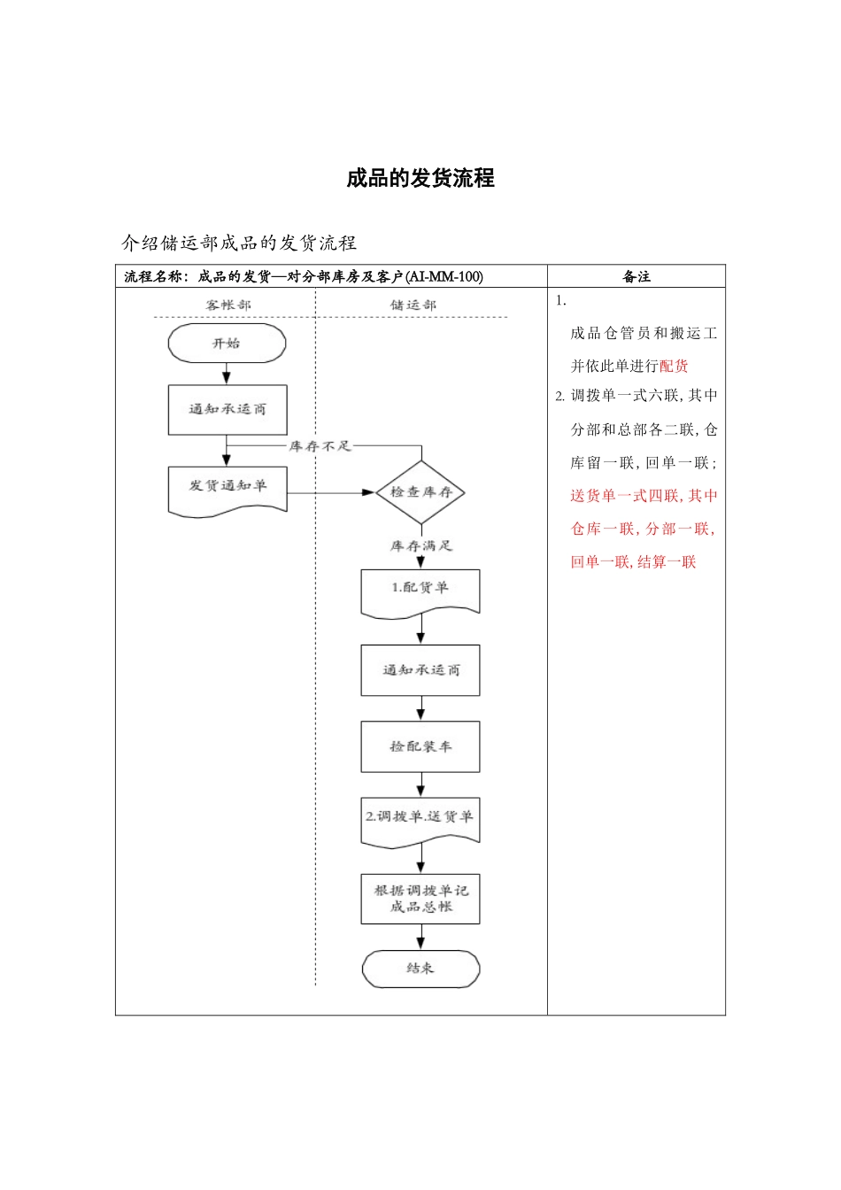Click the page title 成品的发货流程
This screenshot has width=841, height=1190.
pyautogui.click(x=420, y=178)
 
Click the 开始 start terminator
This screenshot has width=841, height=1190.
pyautogui.click(x=227, y=344)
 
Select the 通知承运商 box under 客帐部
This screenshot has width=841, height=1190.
pyautogui.click(x=228, y=409)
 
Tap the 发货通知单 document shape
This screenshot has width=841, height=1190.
pyautogui.click(x=228, y=488)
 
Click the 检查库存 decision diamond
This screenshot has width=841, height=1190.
pyautogui.click(x=420, y=492)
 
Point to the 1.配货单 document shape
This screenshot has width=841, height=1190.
pyautogui.click(x=420, y=590)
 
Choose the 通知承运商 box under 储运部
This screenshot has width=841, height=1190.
pyautogui.click(x=420, y=670)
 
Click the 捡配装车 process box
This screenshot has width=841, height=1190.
pyautogui.click(x=420, y=746)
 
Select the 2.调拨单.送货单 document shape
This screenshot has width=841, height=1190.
pyautogui.click(x=420, y=818)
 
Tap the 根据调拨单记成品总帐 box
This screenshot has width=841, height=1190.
pyautogui.click(x=420, y=899)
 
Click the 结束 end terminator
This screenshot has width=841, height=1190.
pyautogui.click(x=420, y=969)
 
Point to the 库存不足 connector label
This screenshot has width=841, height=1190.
pyautogui.click(x=320, y=446)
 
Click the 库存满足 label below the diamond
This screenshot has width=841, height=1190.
pyautogui.click(x=420, y=546)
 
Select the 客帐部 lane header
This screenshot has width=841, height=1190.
pyautogui.click(x=228, y=305)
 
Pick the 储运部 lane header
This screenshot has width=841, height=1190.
pyautogui.click(x=413, y=305)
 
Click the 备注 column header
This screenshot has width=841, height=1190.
pyautogui.click(x=637, y=276)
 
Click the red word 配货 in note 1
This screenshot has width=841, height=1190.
pyautogui.click(x=674, y=366)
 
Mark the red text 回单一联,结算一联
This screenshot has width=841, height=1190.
pyautogui.click(x=633, y=561)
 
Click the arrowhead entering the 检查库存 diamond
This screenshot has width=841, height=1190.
pyautogui.click(x=369, y=492)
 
